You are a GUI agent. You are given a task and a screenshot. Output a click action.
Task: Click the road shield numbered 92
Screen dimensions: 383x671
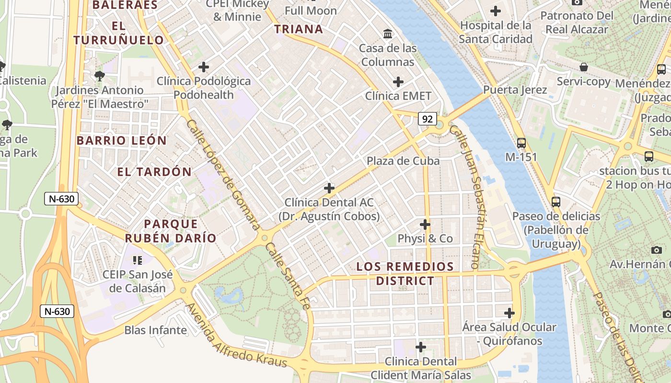pyautogui.click(x=427, y=119)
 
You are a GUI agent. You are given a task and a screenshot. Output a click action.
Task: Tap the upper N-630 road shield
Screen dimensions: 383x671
pyautogui.click(x=61, y=199)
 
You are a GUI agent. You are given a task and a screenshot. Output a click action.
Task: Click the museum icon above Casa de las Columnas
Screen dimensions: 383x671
pyautogui.click(x=388, y=34)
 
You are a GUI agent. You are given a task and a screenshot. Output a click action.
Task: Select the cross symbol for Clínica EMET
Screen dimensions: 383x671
pyautogui.click(x=398, y=82)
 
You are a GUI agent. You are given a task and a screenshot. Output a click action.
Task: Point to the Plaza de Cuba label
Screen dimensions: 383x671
pyautogui.click(x=403, y=161)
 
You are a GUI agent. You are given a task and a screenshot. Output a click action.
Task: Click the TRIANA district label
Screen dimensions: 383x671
pyautogui.click(x=299, y=29)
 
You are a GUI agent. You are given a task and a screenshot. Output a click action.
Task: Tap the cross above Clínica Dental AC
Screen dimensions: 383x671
pyautogui.click(x=329, y=188)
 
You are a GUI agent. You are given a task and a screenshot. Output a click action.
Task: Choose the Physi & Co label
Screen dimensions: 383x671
pyautogui.click(x=425, y=238)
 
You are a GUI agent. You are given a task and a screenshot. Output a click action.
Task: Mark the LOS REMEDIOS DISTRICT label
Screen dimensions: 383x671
pyautogui.click(x=405, y=273)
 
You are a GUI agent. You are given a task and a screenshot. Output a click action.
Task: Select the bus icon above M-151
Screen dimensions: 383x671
pyautogui.click(x=521, y=143)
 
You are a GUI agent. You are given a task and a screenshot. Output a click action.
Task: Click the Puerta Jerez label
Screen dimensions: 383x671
pyautogui.click(x=515, y=90)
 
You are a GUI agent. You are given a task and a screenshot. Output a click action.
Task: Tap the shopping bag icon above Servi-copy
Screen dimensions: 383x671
pyautogui.click(x=584, y=67)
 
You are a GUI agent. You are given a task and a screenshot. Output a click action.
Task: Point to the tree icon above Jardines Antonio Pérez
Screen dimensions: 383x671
pyautogui.click(x=100, y=76)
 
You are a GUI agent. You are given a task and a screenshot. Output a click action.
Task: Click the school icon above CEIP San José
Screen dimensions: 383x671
pyautogui.click(x=138, y=260)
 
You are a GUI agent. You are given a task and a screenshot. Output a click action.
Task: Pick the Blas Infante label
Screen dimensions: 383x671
pyautogui.click(x=155, y=330)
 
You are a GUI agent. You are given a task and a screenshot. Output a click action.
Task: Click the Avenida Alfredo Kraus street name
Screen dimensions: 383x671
pyautogui.click(x=236, y=335)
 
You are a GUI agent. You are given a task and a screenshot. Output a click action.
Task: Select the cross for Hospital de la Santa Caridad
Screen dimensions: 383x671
pyautogui.click(x=496, y=11)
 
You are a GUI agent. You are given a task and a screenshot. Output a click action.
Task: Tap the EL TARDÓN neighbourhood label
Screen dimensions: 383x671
pyautogui.click(x=154, y=172)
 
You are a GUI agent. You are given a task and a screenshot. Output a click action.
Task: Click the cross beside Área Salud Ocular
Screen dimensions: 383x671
pyautogui.click(x=509, y=313)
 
